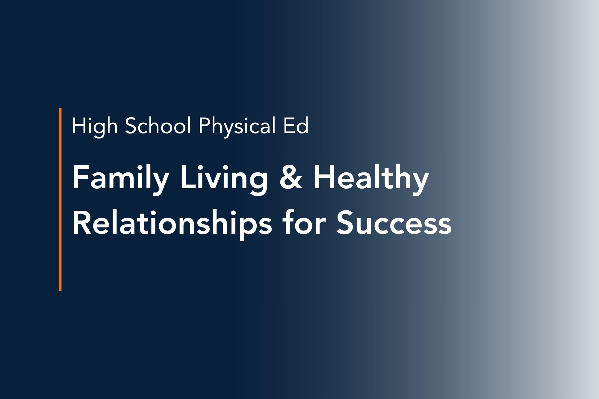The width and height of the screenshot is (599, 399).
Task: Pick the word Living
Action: pyautogui.click(x=223, y=180)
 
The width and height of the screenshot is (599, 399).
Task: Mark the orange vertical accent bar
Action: pyautogui.click(x=60, y=199)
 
